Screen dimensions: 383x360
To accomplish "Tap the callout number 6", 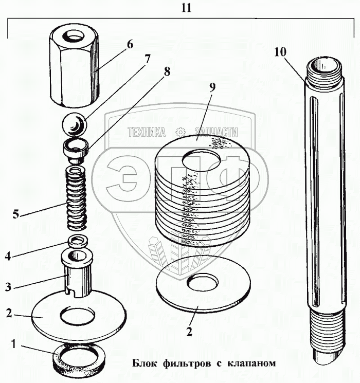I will (130, 45).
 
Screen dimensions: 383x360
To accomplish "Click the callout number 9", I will (211, 88).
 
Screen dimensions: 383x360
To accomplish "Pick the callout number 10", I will (281, 52).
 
